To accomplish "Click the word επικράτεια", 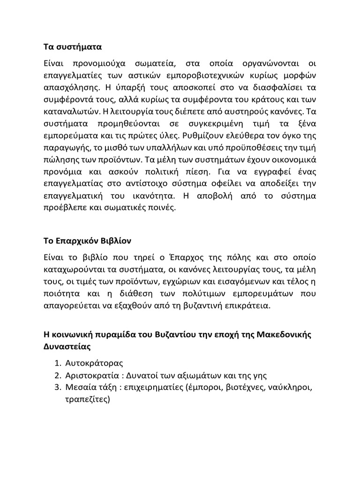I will (x=249, y=305).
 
